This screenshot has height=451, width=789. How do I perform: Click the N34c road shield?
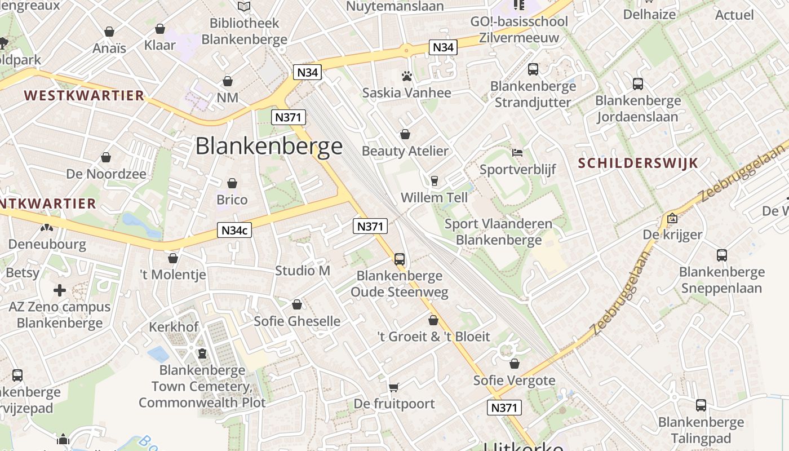pyautogui.click(x=234, y=230)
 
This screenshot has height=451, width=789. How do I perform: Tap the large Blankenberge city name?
pyautogui.click(x=269, y=146)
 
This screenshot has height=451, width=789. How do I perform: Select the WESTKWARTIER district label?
pyautogui.click(x=85, y=95)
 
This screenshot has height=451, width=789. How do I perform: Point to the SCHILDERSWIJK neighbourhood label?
pyautogui.click(x=639, y=163)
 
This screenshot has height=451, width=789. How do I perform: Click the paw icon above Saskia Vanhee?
pyautogui.click(x=407, y=76)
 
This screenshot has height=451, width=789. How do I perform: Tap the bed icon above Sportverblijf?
pyautogui.click(x=517, y=153)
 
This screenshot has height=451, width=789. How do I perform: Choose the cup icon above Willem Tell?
pyautogui.click(x=434, y=181)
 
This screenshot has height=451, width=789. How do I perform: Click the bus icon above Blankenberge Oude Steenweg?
pyautogui.click(x=400, y=259)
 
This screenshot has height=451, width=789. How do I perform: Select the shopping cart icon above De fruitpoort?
pyautogui.click(x=394, y=387)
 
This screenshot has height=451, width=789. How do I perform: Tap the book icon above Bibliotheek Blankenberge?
pyautogui.click(x=244, y=7)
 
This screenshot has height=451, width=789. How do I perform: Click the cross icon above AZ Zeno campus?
pyautogui.click(x=60, y=290)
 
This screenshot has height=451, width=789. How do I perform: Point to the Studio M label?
pyautogui.click(x=303, y=271)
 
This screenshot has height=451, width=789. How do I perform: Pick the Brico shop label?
pyautogui.click(x=232, y=200)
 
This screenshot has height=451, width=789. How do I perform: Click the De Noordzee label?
pyautogui.click(x=106, y=174)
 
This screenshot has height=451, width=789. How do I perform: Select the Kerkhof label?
pyautogui.click(x=174, y=327)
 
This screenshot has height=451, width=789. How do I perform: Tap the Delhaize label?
pyautogui.click(x=649, y=15)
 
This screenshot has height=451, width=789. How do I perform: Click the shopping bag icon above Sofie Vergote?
pyautogui.click(x=515, y=364)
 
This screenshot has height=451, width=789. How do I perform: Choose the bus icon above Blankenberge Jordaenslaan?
pyautogui.click(x=638, y=84)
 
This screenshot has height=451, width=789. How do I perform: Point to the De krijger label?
pyautogui.click(x=673, y=235)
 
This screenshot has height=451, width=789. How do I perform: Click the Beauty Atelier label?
pyautogui.click(x=405, y=151)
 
